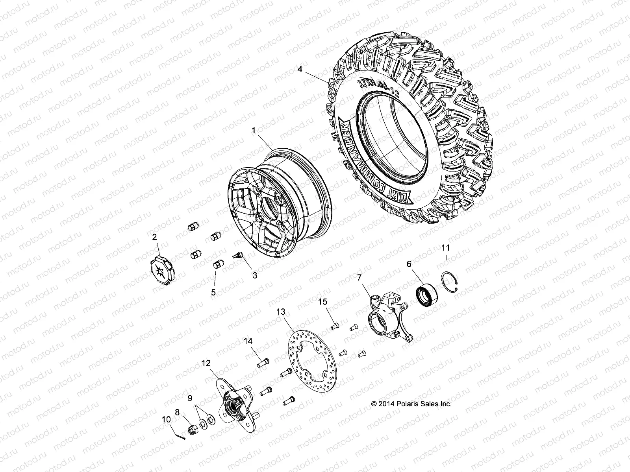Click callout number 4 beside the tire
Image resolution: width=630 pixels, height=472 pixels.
pos(311,70)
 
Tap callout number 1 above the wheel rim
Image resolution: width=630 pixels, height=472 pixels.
pos(254,140)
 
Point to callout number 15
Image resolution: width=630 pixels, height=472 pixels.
pos(323,302)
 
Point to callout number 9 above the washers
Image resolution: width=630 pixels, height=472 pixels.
pos(190,398)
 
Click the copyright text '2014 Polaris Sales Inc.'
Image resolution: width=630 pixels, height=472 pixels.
pos(411,404)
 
